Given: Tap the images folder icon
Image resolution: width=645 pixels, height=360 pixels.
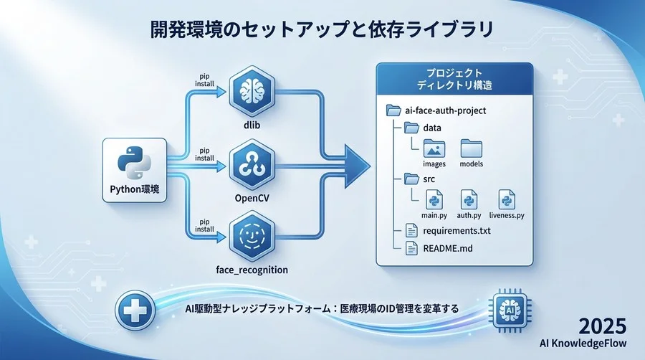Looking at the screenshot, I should (434, 148).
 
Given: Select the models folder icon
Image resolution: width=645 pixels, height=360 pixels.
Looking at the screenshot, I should (471, 148).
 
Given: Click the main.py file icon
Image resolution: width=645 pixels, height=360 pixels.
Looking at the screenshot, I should (434, 199).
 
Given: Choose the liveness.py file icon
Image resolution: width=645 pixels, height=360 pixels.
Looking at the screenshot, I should (506, 199).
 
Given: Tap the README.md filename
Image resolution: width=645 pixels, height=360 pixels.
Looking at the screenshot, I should (449, 249).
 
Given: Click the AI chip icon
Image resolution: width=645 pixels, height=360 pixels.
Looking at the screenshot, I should (507, 307).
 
